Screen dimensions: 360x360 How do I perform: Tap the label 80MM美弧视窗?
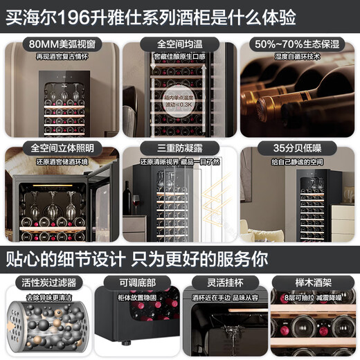(x=62, y=44)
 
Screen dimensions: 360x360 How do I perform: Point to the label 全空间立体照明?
(x=62, y=148)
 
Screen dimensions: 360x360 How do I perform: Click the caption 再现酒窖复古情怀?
(x=62, y=55)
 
